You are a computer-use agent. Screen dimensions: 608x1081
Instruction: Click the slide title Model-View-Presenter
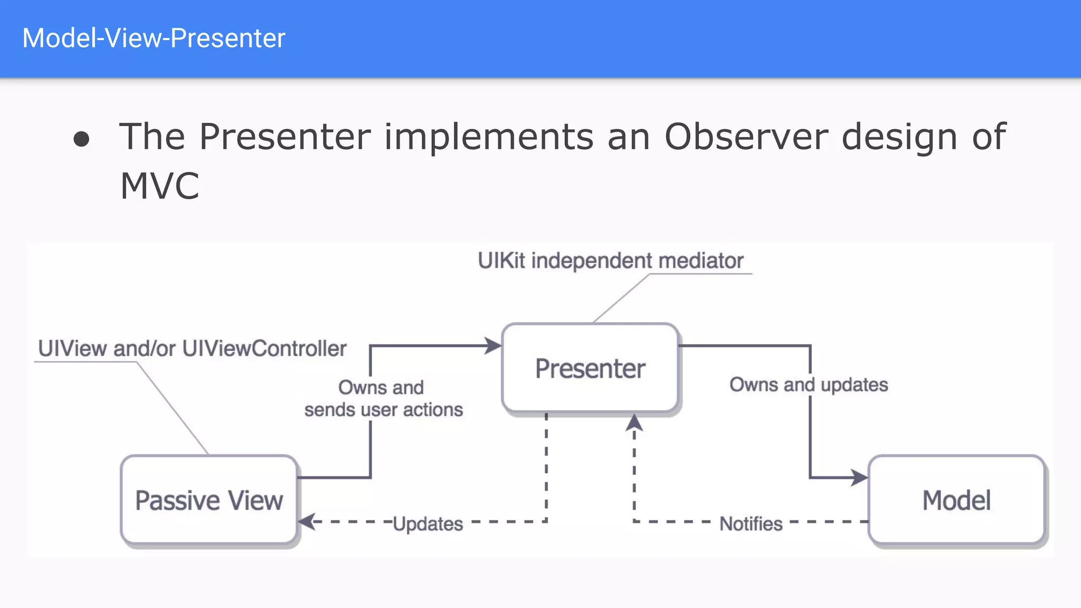click(154, 39)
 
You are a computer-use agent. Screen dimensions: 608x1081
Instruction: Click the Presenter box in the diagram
click(590, 368)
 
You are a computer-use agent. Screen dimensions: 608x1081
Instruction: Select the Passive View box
click(209, 500)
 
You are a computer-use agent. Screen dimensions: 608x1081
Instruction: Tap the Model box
click(956, 500)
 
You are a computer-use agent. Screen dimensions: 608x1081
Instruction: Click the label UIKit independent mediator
click(610, 261)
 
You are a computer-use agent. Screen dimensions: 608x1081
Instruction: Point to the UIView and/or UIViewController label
click(192, 348)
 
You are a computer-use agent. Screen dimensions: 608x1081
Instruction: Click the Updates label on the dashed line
click(428, 524)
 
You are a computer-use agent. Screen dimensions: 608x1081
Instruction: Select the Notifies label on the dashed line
click(751, 524)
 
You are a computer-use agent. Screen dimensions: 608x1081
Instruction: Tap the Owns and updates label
click(809, 385)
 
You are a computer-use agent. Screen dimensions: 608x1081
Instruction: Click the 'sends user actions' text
click(384, 410)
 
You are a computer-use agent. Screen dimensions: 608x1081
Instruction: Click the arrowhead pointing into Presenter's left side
click(494, 346)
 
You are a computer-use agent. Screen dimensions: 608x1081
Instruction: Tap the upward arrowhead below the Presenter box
click(634, 422)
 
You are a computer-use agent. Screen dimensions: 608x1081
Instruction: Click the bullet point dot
click(81, 139)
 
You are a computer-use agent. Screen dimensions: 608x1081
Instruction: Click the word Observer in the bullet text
click(746, 137)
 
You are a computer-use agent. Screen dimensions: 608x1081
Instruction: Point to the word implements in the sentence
click(488, 137)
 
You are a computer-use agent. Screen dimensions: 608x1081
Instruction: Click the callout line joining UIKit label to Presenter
click(621, 298)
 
